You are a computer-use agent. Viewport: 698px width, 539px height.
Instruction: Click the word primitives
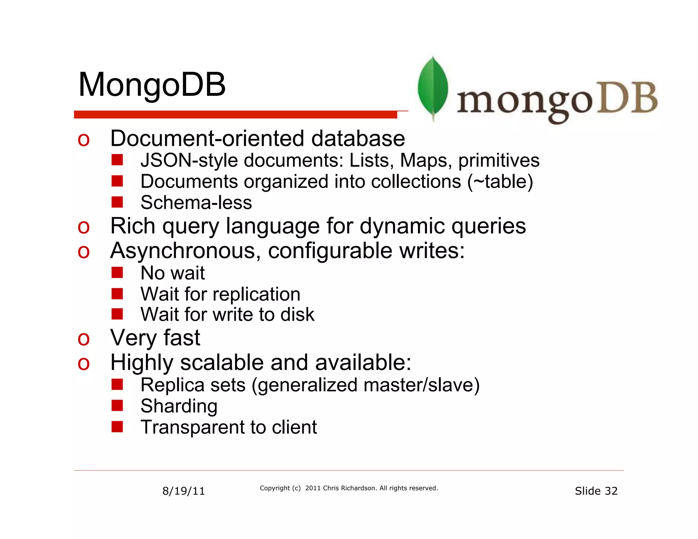[499, 160]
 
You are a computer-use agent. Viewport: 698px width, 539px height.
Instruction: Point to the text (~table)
[500, 182]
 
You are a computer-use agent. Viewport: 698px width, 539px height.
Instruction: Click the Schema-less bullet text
[196, 203]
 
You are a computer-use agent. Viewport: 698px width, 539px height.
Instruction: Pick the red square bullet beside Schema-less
[117, 202]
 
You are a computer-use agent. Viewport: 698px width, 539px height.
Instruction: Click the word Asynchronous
[185, 251]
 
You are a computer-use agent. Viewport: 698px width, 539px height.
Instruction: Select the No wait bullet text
[172, 273]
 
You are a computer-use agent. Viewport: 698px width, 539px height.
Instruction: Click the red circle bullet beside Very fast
[84, 339]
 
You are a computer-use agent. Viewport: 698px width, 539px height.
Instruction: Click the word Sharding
[179, 406]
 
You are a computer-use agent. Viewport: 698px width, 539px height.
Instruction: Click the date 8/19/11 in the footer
[183, 491]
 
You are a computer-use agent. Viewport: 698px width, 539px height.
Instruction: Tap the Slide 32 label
[596, 491]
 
